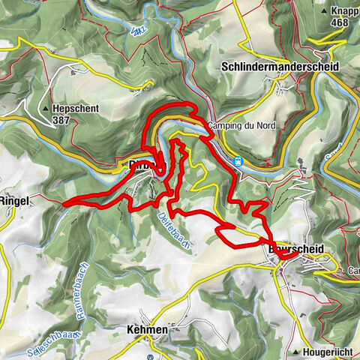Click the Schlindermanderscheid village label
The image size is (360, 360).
280,67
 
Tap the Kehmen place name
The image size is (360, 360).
147,329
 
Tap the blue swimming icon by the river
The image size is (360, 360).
238,160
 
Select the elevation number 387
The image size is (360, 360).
62,119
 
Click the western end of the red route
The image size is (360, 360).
65,203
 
